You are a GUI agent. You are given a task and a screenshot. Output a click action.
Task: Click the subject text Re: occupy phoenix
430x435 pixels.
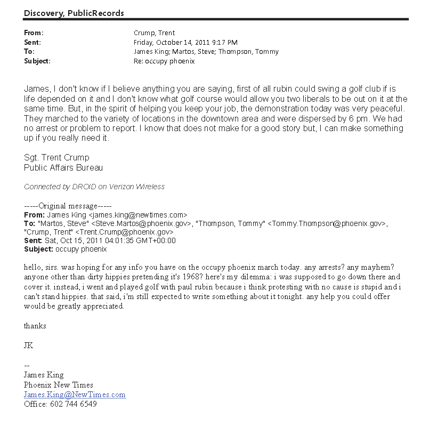pyautogui.click(x=164, y=61)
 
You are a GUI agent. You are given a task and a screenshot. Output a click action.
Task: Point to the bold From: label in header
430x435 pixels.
pyautogui.click(x=34, y=33)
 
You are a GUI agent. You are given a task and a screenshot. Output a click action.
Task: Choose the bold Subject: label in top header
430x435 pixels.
pyautogui.click(x=37, y=61)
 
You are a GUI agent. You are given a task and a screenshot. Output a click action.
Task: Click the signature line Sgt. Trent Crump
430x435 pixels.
pyautogui.click(x=56, y=158)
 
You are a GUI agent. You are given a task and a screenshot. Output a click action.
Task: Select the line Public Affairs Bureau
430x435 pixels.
pyautogui.click(x=63, y=167)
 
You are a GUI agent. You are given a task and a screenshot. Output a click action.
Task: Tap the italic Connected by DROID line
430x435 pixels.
pyautogui.click(x=94, y=187)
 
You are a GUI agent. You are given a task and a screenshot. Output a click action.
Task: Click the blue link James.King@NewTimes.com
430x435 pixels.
pyautogui.click(x=75, y=395)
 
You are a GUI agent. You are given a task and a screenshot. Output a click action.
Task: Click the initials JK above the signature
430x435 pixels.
pyautogui.click(x=29, y=345)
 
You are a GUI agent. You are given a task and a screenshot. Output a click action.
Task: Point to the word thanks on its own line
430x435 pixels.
pyautogui.click(x=35, y=326)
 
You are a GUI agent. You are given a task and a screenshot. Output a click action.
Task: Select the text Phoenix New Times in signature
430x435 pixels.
pyautogui.click(x=59, y=385)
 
